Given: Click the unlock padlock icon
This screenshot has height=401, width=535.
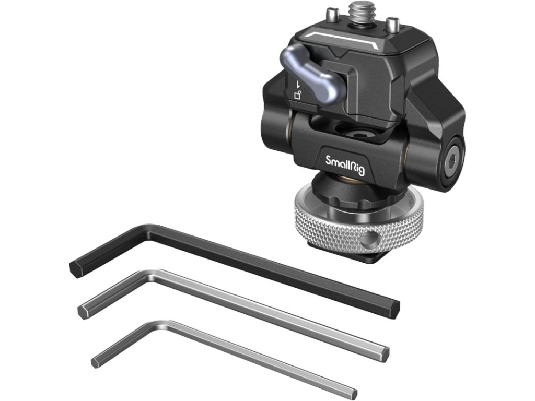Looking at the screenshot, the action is (x=298, y=95).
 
